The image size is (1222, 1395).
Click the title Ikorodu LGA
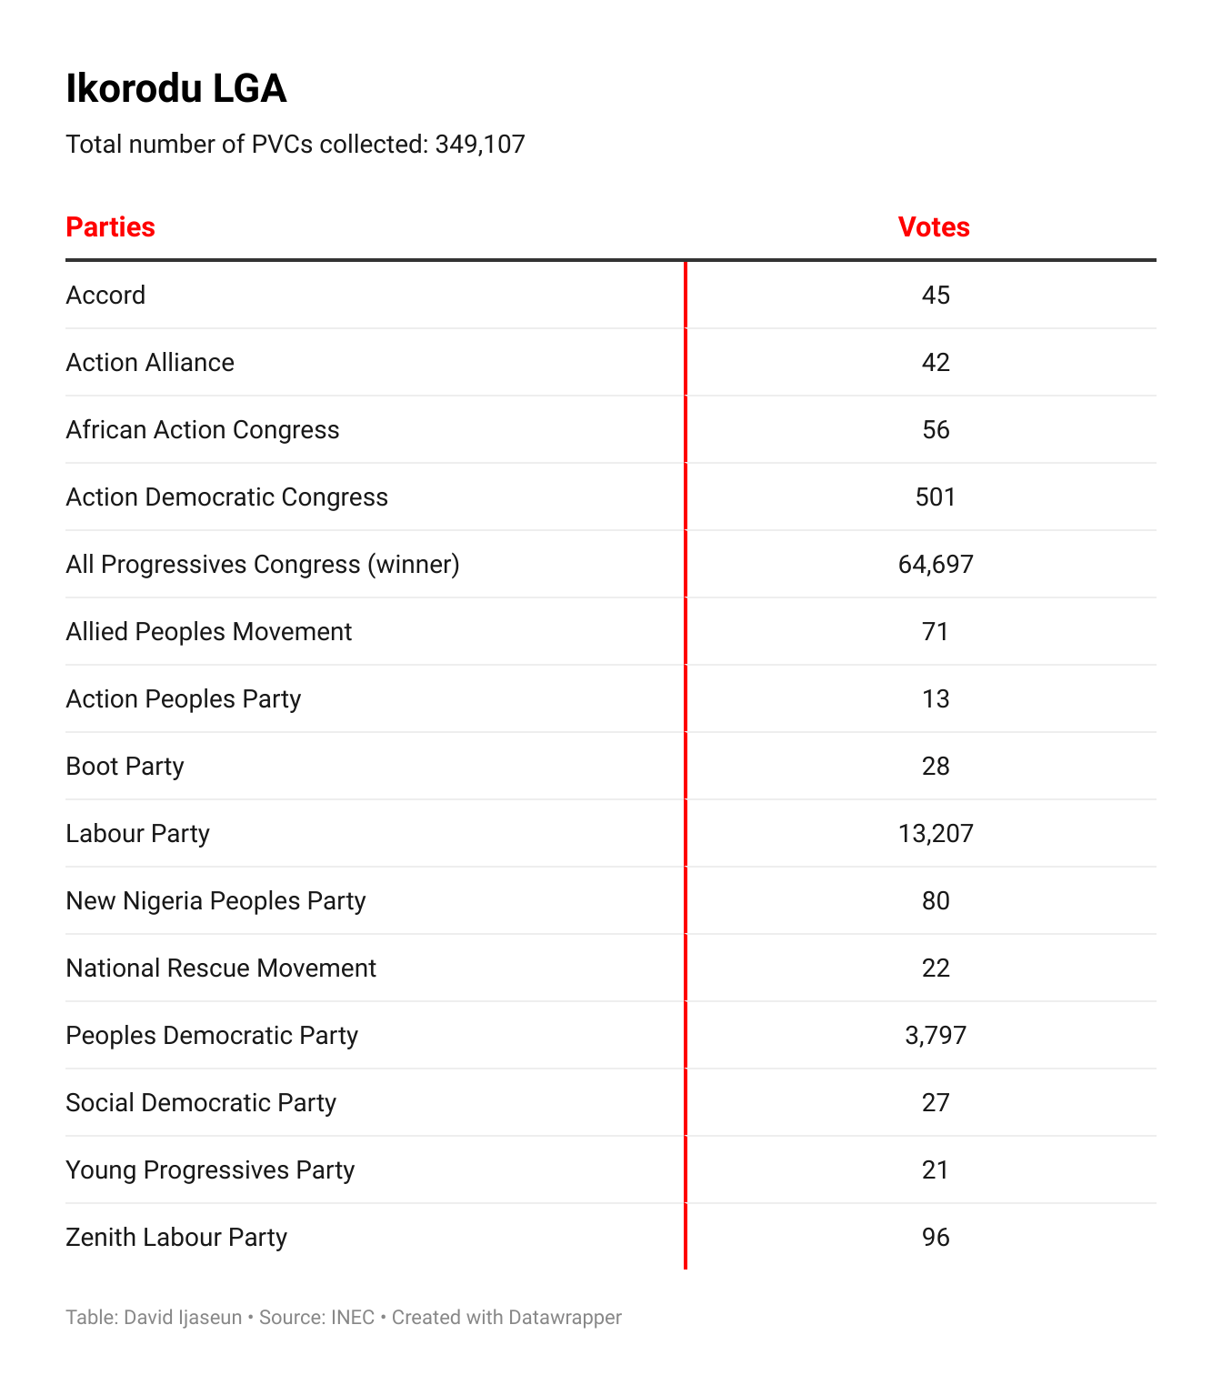(x=176, y=89)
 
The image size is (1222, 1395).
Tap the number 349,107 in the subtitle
(x=480, y=145)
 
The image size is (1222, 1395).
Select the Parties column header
(x=111, y=227)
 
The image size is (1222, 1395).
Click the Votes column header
(x=934, y=227)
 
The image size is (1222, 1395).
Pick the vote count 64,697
(x=936, y=565)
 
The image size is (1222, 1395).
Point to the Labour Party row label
(x=138, y=834)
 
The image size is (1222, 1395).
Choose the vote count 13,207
(x=936, y=834)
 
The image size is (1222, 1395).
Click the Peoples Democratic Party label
(x=212, y=1036)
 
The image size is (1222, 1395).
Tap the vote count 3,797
(x=936, y=1036)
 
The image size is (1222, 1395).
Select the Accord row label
(x=105, y=296)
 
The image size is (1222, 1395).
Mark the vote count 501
(x=936, y=497)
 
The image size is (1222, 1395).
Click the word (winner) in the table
(x=414, y=565)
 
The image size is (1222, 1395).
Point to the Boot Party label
(x=125, y=767)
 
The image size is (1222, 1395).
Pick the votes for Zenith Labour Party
(x=936, y=1238)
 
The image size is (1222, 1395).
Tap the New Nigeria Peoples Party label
(x=216, y=901)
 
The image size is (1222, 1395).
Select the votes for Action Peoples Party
(x=936, y=699)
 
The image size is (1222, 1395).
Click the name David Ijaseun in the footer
(x=183, y=1318)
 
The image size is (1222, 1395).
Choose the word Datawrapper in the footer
(x=565, y=1318)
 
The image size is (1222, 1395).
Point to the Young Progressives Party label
(x=210, y=1170)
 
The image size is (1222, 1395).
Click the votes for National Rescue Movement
(x=936, y=968)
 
